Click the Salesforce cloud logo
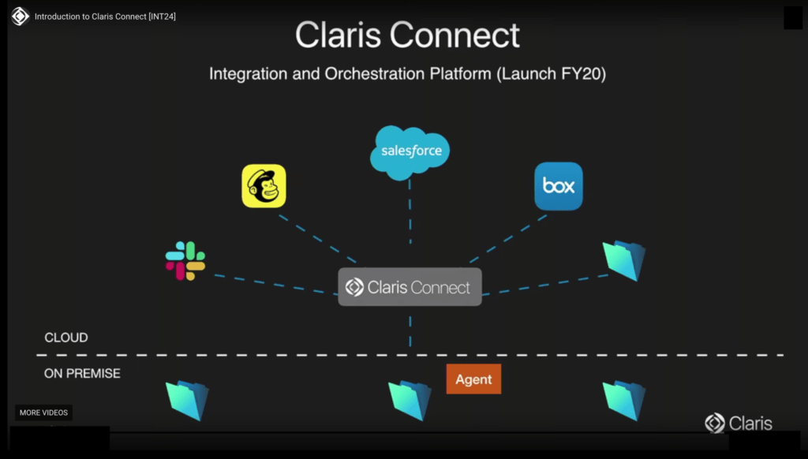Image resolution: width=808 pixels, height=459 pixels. (410, 151)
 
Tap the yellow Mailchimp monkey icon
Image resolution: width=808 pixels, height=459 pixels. (264, 186)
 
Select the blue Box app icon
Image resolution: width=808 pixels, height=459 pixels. (559, 186)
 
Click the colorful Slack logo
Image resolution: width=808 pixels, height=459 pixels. (185, 261)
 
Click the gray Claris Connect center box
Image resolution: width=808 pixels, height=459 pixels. (410, 287)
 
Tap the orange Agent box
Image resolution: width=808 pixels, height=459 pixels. (473, 379)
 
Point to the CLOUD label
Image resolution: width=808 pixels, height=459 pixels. (66, 338)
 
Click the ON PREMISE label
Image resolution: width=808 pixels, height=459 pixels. (82, 373)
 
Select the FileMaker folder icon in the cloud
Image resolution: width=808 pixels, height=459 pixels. (624, 261)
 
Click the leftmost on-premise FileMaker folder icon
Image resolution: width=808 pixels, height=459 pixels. (188, 400)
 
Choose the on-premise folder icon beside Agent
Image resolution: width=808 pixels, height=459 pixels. (410, 400)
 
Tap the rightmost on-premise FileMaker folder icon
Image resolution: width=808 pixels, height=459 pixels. (624, 400)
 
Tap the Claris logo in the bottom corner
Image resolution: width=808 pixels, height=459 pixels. (739, 424)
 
